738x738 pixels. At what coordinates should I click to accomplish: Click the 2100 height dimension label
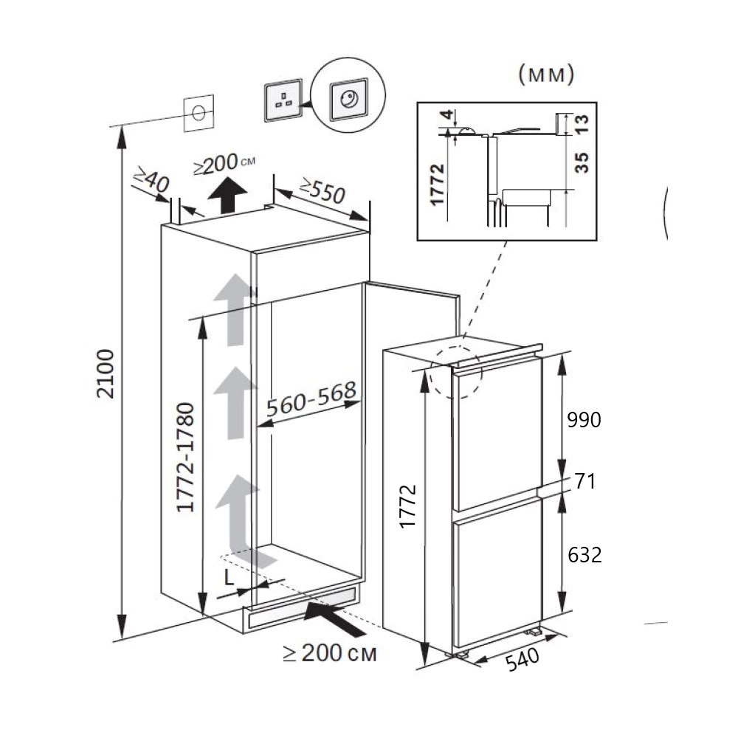tap(106, 374)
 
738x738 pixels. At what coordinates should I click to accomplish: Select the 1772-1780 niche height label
tap(185, 458)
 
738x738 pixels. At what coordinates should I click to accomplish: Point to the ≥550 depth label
tap(323, 190)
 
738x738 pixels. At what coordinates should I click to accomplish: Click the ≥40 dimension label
tap(151, 179)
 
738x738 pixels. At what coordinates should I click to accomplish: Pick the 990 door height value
tap(584, 420)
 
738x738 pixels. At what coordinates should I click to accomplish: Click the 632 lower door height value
tap(584, 556)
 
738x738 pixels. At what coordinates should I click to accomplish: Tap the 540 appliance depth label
tap(523, 659)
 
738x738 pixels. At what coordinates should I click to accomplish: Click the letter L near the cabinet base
tap(229, 578)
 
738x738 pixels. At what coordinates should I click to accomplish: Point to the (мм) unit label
tap(546, 75)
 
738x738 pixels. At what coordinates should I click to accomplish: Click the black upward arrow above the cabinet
tap(227, 196)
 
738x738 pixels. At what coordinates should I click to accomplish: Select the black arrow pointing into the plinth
tap(334, 618)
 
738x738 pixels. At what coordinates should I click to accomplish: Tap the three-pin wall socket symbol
tap(283, 100)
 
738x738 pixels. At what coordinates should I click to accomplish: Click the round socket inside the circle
tap(349, 100)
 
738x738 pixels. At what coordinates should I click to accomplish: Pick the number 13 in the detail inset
tap(582, 124)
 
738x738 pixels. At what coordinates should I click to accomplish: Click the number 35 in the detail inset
tap(582, 163)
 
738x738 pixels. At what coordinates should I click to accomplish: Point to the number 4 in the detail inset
tap(448, 114)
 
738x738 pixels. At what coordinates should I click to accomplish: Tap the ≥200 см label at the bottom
tap(330, 653)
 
